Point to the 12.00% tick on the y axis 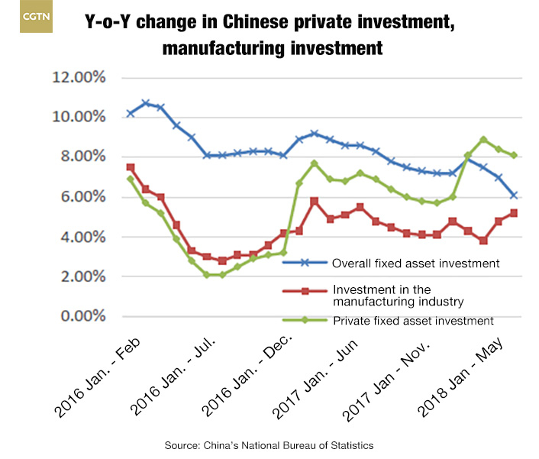coord(79,77)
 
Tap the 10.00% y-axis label coord(79,117)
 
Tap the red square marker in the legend coord(303,291)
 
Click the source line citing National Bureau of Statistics coord(269,443)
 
